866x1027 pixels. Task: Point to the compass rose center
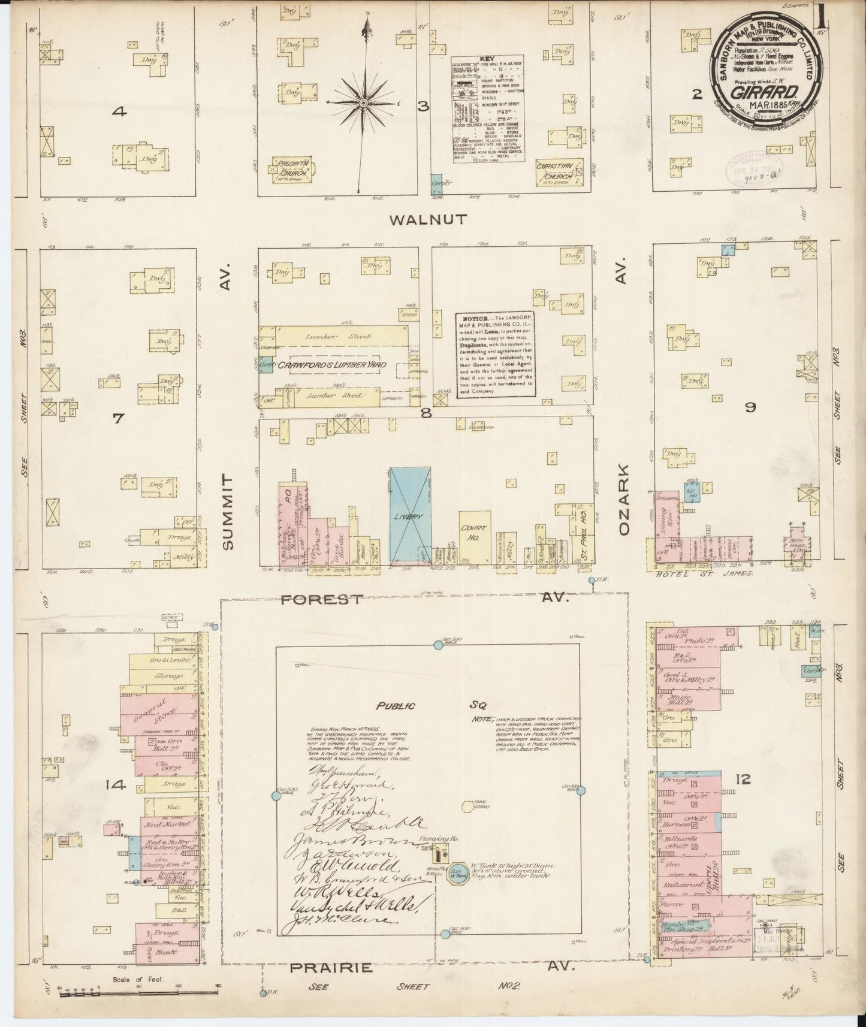coord(363,104)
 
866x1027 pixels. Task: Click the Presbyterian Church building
coord(294,168)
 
